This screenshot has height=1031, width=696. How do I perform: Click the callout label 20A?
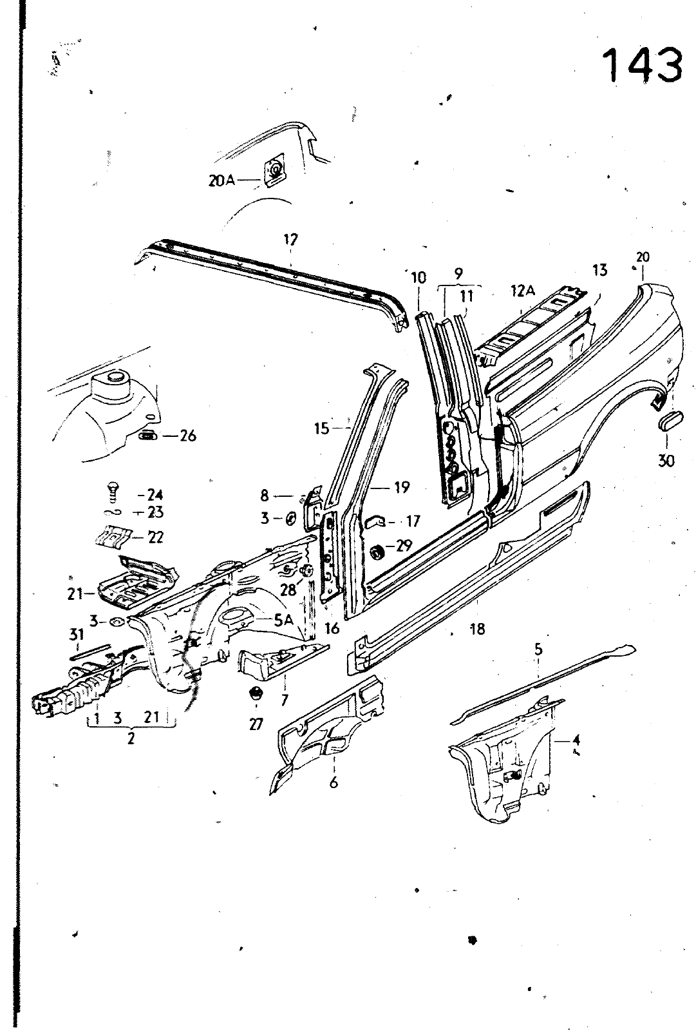click(x=221, y=181)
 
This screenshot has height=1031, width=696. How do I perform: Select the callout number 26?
click(x=187, y=436)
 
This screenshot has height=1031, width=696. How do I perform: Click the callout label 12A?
click(x=523, y=291)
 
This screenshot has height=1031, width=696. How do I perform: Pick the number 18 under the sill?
click(x=477, y=629)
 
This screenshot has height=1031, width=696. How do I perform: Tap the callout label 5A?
click(x=284, y=621)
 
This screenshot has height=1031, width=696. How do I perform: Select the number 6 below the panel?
click(x=334, y=783)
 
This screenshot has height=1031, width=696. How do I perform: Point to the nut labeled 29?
click(x=377, y=552)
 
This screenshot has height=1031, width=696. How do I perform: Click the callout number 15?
click(x=321, y=429)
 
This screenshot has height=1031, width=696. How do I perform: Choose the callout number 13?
click(x=599, y=271)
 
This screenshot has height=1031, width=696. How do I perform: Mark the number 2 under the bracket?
click(x=131, y=739)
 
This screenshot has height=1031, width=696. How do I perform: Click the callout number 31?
click(x=77, y=636)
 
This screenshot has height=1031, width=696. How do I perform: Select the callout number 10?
click(x=418, y=278)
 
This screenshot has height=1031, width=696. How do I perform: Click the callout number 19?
click(x=402, y=487)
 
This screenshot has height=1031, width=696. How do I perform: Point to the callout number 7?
click(x=284, y=699)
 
